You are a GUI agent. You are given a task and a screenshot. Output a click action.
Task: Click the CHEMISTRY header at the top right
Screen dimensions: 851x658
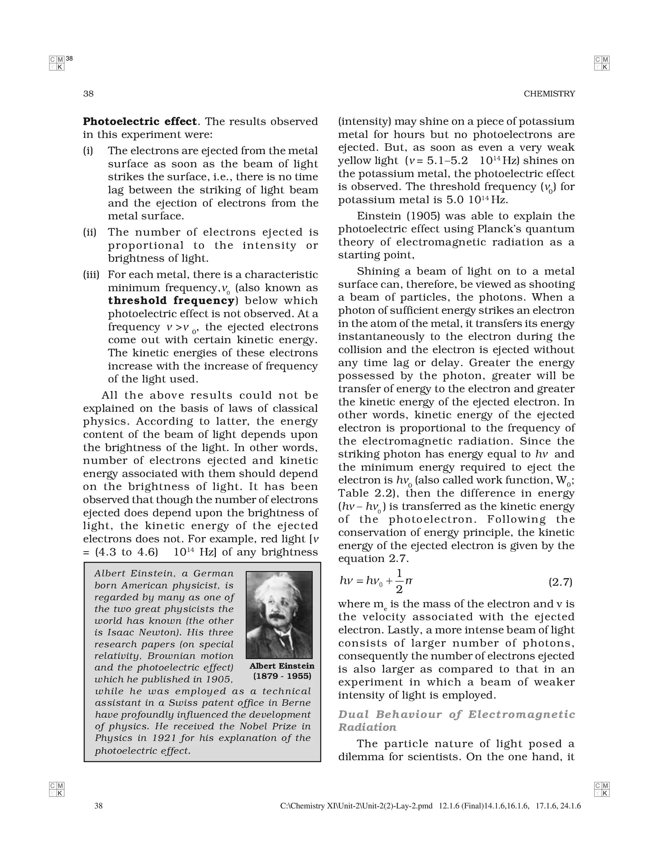[x=549, y=94]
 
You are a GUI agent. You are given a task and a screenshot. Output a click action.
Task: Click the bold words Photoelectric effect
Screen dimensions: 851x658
[x=139, y=122]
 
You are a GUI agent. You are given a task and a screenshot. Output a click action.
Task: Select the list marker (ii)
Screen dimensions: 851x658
[x=89, y=232]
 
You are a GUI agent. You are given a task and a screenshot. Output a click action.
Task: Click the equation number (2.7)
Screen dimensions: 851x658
[x=560, y=582]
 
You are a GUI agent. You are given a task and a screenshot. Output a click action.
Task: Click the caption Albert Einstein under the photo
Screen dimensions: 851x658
[x=281, y=666]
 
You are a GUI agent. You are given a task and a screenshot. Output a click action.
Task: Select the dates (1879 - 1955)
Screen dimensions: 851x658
[x=282, y=676]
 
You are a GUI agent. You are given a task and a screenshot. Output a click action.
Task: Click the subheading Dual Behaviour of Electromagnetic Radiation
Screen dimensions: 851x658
[x=456, y=721]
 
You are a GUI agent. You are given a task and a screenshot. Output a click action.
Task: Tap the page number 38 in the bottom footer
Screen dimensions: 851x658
[x=99, y=806]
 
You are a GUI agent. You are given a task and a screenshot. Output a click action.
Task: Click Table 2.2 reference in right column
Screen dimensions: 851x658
[x=366, y=493]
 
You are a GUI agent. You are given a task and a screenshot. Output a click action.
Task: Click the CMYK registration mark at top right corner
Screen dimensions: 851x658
[x=601, y=63]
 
